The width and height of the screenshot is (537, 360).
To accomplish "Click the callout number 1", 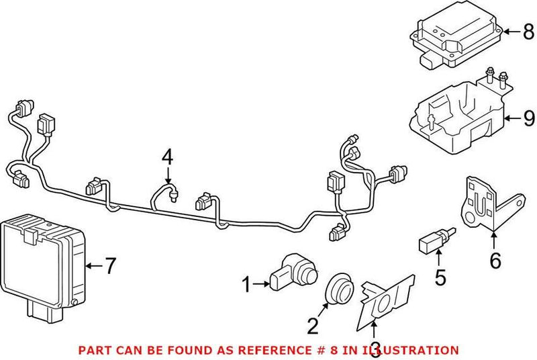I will point(246,285).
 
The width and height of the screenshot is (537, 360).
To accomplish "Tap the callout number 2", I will point(313,326).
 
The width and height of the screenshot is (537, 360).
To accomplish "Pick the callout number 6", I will point(495,260).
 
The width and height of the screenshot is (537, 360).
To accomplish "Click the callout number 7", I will point(111,267).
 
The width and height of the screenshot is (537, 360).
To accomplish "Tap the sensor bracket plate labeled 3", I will point(384,301).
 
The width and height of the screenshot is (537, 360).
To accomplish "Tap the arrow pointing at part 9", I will point(513,120).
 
